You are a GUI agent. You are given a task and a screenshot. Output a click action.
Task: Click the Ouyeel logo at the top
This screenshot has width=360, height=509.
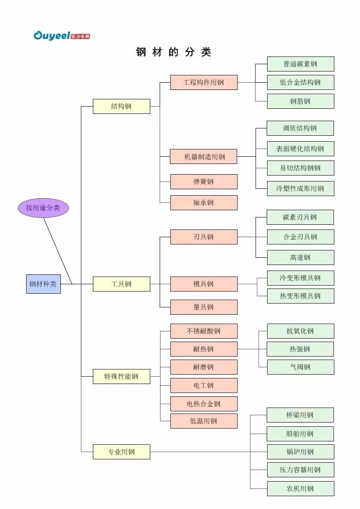(62, 36)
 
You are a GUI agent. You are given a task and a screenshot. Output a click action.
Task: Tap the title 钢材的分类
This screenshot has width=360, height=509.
(173, 52)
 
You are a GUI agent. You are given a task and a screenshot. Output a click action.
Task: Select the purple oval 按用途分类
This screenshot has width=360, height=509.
(43, 208)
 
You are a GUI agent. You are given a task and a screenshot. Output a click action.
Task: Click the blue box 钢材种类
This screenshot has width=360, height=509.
(43, 284)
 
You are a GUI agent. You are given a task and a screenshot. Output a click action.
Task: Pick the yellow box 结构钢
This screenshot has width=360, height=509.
(121, 106)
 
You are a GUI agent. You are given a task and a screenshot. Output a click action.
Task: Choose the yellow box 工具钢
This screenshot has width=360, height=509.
(121, 284)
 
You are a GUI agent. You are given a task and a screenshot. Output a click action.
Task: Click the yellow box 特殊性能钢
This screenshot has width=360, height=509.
(121, 376)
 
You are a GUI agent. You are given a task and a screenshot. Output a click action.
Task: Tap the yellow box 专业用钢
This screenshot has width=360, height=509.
(121, 452)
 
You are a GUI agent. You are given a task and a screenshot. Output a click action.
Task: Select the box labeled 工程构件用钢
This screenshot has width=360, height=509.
(204, 82)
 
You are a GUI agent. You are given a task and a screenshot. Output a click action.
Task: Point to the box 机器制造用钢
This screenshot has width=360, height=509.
(204, 157)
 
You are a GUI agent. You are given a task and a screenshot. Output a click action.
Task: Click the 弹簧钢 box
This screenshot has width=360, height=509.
(204, 182)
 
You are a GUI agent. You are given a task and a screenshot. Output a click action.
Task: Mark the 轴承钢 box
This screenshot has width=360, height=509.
(204, 202)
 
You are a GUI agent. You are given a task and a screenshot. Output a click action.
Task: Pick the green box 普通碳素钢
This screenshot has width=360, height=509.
(300, 64)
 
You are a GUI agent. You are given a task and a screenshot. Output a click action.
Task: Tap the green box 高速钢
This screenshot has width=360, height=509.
(300, 257)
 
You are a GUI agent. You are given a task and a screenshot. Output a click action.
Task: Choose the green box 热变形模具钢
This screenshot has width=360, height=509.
(300, 296)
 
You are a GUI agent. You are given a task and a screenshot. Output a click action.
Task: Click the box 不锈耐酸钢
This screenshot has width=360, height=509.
(204, 331)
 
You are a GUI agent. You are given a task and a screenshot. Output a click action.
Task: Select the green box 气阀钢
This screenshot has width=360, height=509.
(300, 367)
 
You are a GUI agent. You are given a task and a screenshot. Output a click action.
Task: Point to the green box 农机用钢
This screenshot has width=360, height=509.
(300, 488)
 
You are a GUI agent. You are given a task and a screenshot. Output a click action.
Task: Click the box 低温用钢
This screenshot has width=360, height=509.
(204, 421)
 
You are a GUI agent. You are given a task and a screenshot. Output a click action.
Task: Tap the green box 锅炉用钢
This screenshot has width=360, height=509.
(300, 452)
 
